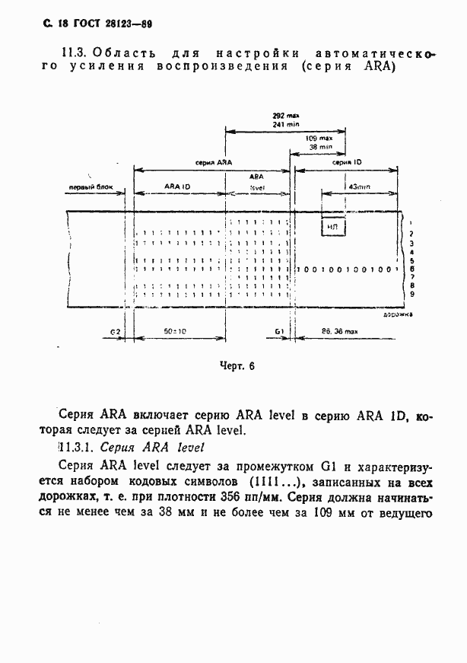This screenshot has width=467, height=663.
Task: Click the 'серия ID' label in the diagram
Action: [x=347, y=163]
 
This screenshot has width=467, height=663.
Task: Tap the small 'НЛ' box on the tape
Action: [x=332, y=227]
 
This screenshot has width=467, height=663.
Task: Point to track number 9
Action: [x=411, y=294]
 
